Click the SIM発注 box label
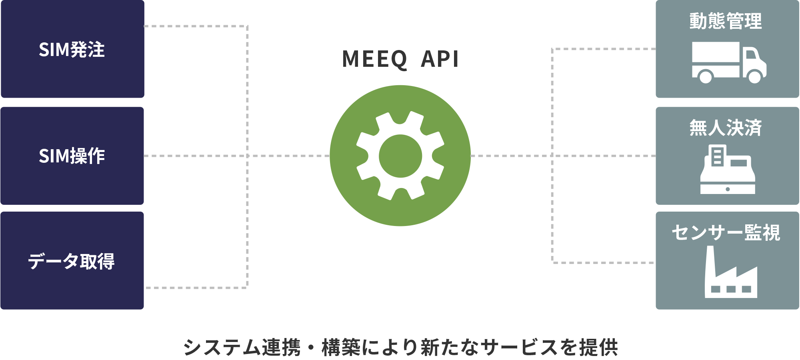[x=72, y=50]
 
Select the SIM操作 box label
[x=72, y=156]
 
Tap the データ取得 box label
[x=71, y=261]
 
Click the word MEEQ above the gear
[x=374, y=59]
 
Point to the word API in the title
[x=440, y=59]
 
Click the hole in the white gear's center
[x=400, y=156]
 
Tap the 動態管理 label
[x=726, y=21]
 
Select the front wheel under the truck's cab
[x=754, y=76]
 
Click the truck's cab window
[x=751, y=54]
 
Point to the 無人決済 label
[x=726, y=128]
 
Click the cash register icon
[x=728, y=170]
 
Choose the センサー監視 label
[x=726, y=232]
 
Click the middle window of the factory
[x=731, y=289]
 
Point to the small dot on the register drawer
[x=728, y=189]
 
